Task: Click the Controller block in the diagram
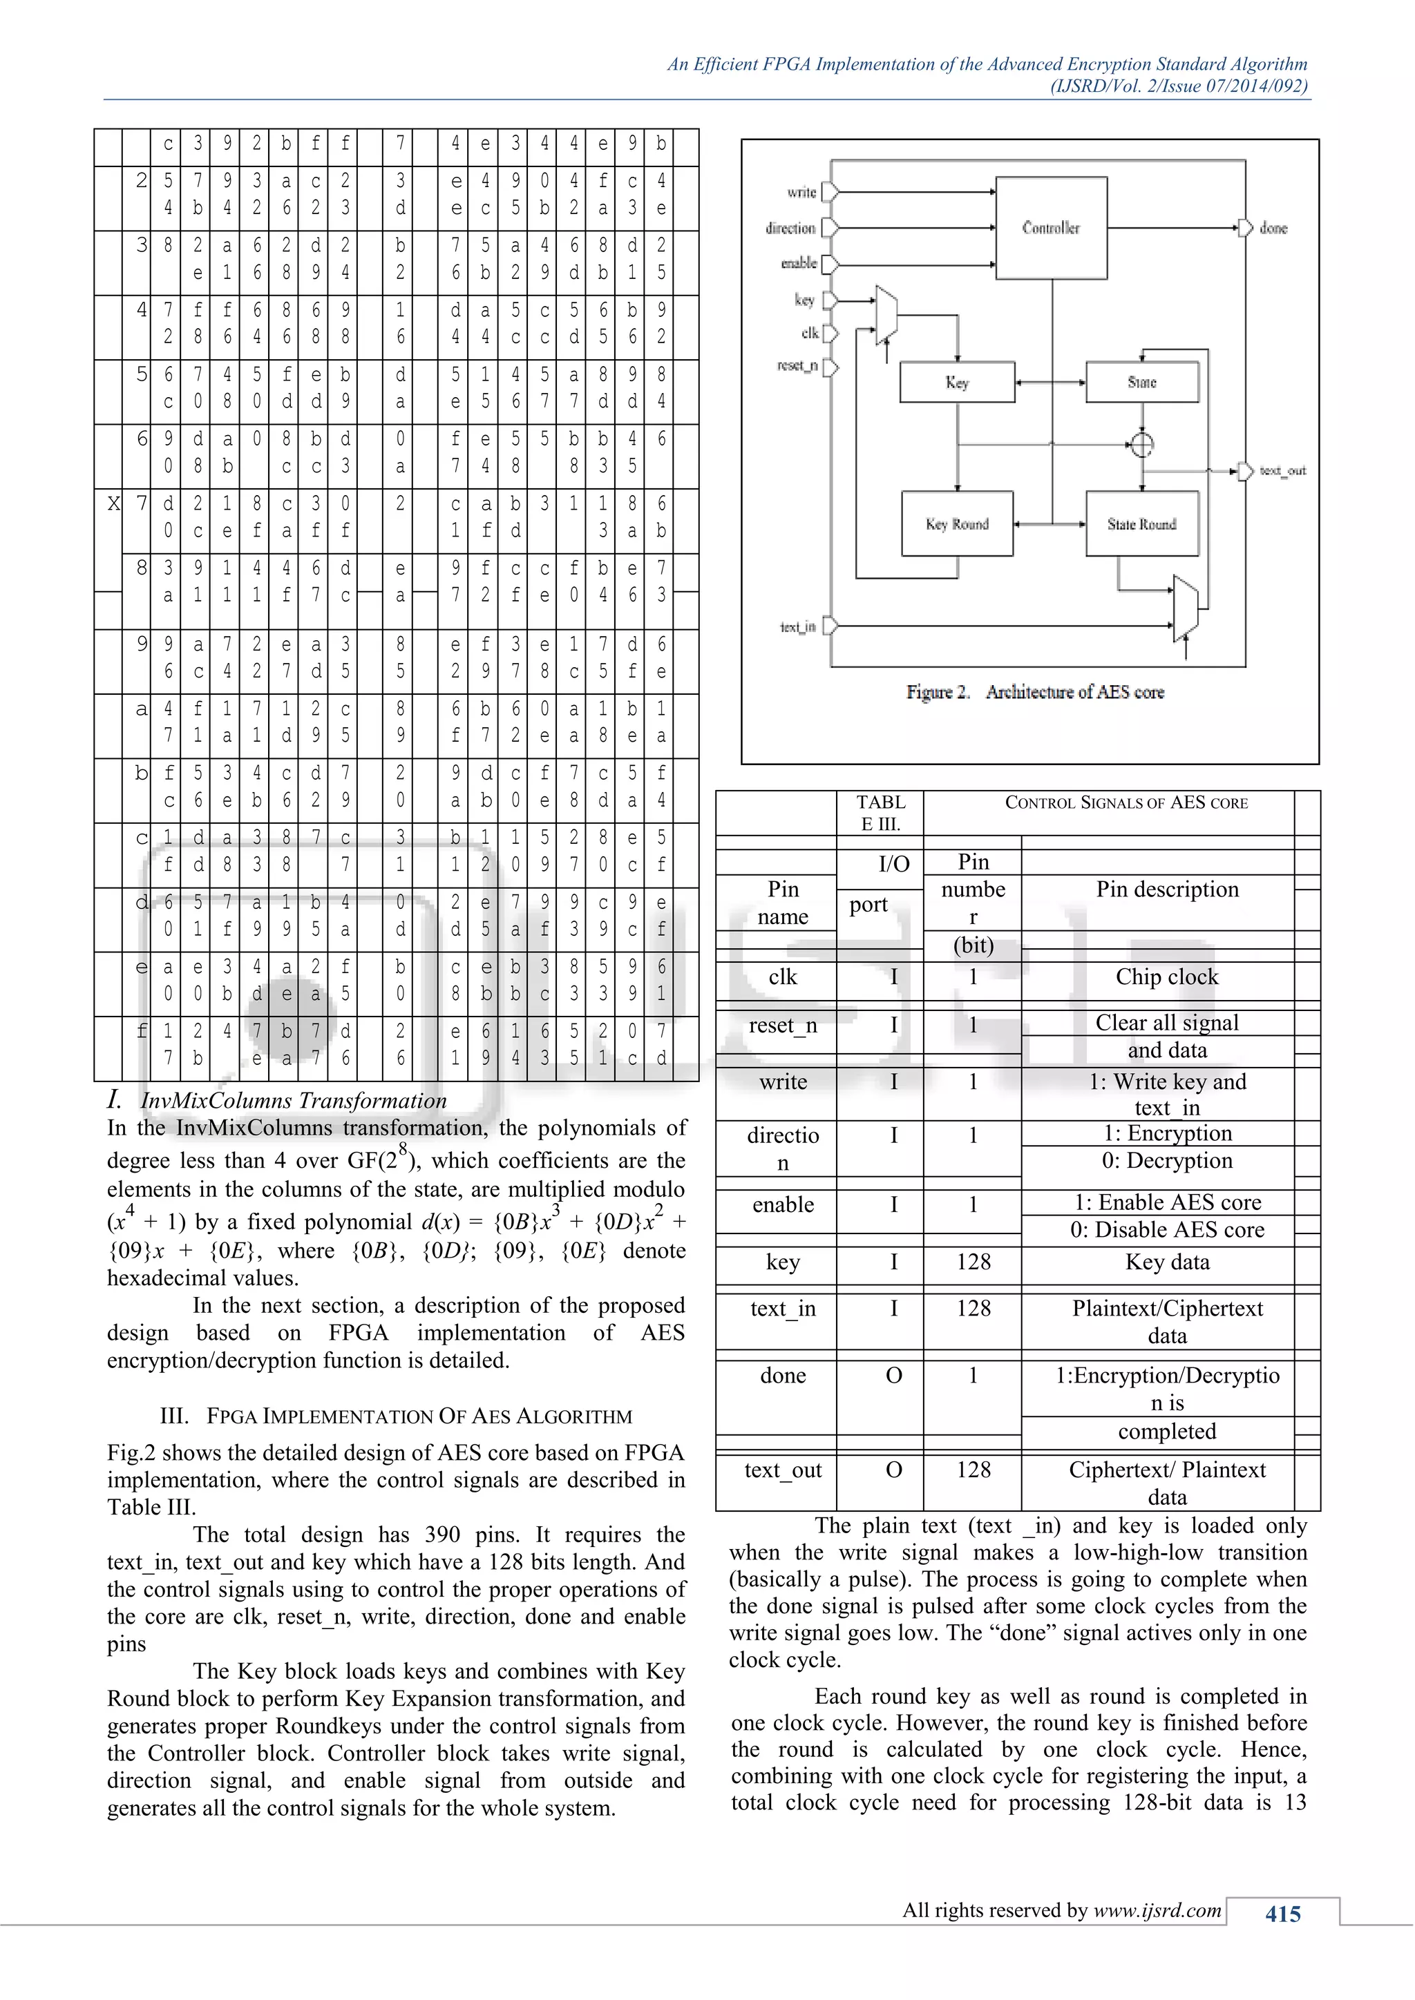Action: [1051, 228]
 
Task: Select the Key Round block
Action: [957, 524]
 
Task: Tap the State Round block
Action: [1141, 524]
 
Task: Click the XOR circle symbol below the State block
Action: [1141, 444]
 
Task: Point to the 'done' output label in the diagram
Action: [1273, 228]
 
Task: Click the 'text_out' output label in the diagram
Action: [1282, 471]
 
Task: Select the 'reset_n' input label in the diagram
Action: [797, 366]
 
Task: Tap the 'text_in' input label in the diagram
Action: [797, 626]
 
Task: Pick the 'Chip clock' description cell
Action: [1167, 977]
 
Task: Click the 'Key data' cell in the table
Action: [1167, 1262]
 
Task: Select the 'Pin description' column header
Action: [1167, 890]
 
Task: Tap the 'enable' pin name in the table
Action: [782, 1204]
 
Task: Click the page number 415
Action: [1282, 1914]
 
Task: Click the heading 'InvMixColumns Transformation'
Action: [294, 1101]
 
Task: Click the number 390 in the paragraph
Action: [443, 1535]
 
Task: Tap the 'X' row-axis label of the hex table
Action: [113, 503]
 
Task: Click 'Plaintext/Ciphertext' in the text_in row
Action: [1167, 1309]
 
